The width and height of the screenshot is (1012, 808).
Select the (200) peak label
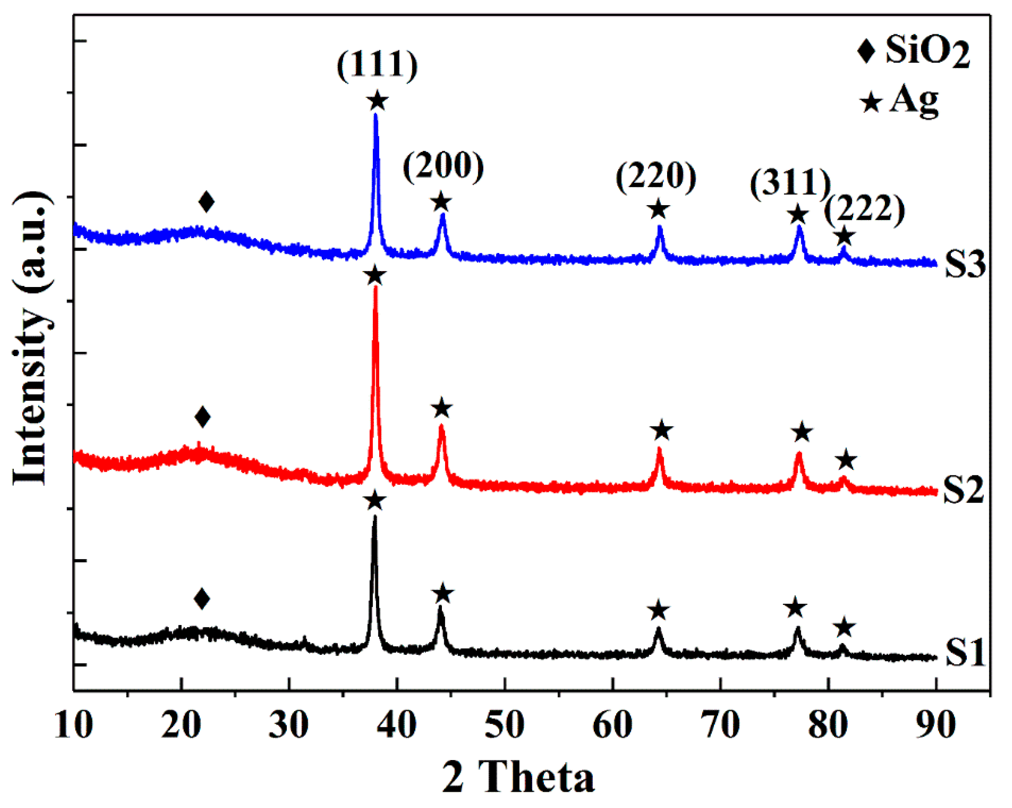pos(443,167)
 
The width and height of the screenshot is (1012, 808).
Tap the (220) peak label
pos(656,177)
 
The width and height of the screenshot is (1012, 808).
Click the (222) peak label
pos(864,209)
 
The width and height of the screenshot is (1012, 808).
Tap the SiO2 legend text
pos(927,51)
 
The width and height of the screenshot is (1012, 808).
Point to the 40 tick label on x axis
pos(397,725)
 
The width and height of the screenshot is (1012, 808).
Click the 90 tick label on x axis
pos(936,725)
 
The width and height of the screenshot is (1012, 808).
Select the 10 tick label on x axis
pos(74,725)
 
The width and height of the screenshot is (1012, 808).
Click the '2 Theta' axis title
pos(518,778)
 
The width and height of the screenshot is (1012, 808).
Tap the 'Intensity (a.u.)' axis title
pos(32,338)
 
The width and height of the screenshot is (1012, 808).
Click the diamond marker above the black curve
pos(202,599)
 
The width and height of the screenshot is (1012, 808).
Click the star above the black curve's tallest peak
pos(374,501)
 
